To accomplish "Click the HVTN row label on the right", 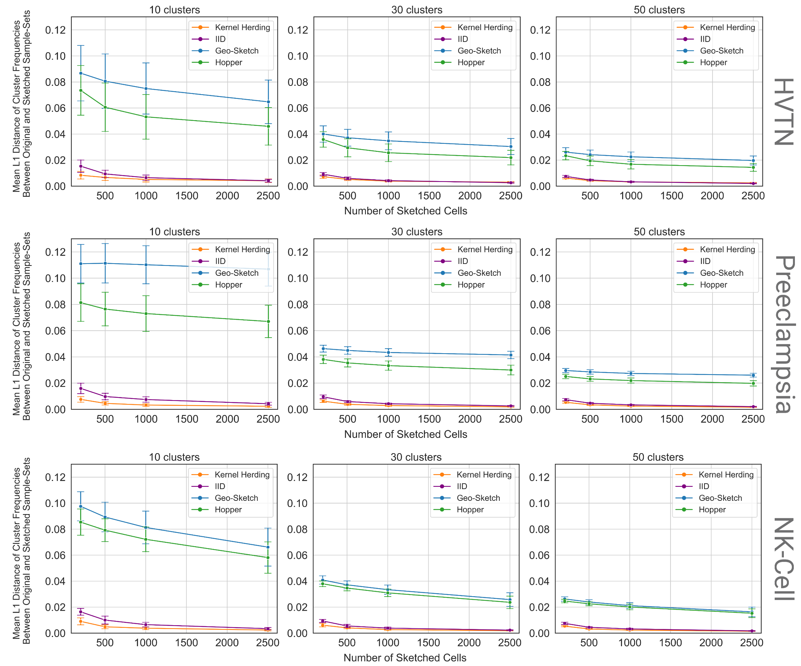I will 784,111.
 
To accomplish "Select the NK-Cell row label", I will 784,559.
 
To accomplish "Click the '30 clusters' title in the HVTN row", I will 417,10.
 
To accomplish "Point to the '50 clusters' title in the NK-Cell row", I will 658,457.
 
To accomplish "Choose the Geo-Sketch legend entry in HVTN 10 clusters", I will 236,51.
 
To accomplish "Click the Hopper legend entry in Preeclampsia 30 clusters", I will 471,285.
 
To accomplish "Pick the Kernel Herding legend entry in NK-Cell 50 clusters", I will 726,475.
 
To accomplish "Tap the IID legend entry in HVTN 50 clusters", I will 705,39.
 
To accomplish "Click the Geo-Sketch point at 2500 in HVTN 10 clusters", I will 268,102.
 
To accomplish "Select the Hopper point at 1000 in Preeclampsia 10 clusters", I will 146,314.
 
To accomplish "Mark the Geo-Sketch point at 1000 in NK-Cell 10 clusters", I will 146,528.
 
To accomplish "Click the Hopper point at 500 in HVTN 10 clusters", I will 105,107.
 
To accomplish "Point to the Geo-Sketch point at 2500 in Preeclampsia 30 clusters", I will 511,355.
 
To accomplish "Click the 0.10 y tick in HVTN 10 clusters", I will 55,56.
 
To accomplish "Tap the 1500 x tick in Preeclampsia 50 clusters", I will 671,419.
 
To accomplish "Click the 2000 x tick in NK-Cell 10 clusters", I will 227,642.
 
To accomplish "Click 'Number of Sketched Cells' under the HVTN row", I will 405,211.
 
